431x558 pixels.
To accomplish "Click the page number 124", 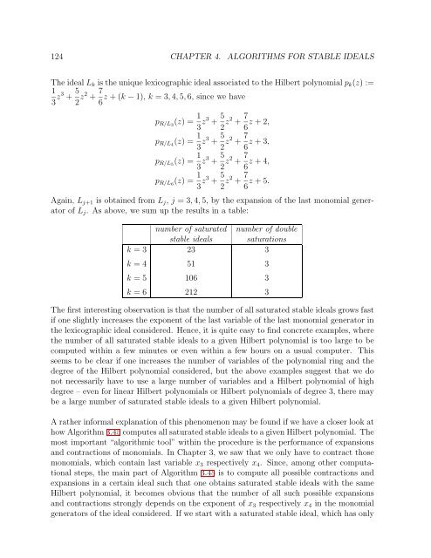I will [x=39, y=34].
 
